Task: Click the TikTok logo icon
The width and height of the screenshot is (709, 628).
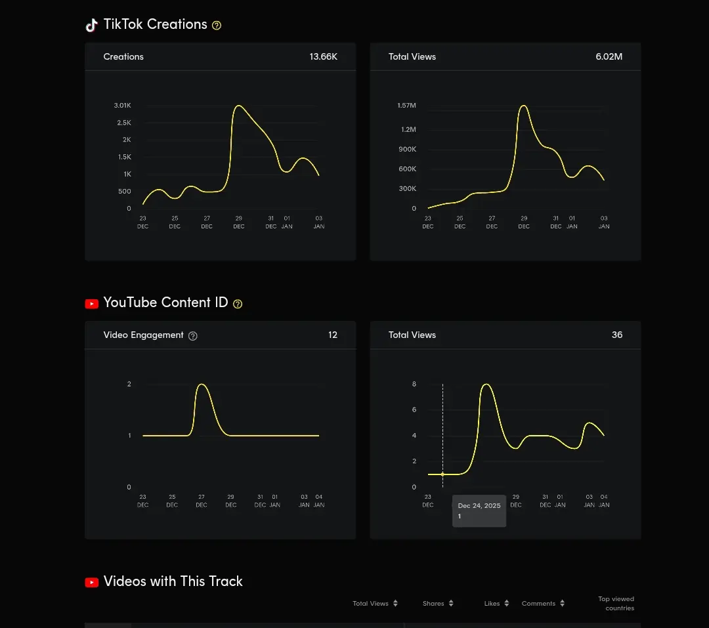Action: pyautogui.click(x=92, y=26)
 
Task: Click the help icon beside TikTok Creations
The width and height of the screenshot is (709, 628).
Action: pyautogui.click(x=217, y=26)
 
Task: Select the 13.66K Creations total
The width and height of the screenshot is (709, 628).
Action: pyautogui.click(x=323, y=56)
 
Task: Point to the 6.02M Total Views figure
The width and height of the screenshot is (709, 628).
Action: pyautogui.click(x=609, y=56)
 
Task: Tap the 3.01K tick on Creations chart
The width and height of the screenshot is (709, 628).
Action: pyautogui.click(x=122, y=106)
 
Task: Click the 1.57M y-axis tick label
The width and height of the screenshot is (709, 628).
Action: pyautogui.click(x=406, y=106)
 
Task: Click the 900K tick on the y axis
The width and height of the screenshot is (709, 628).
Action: pyautogui.click(x=407, y=149)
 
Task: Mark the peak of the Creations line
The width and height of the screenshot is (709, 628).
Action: pyautogui.click(x=238, y=106)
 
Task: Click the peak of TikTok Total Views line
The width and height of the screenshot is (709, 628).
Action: pyautogui.click(x=524, y=106)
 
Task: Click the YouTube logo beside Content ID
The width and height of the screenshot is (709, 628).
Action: pyautogui.click(x=92, y=304)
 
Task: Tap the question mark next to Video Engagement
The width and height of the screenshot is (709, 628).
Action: pyautogui.click(x=192, y=336)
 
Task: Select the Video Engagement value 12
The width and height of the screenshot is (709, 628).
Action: pyautogui.click(x=333, y=335)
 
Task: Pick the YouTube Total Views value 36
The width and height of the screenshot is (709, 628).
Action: pyautogui.click(x=616, y=335)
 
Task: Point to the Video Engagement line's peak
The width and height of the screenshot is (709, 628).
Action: pyautogui.click(x=202, y=385)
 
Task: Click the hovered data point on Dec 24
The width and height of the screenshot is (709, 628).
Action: pyautogui.click(x=442, y=474)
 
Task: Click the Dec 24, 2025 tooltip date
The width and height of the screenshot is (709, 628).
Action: pyautogui.click(x=479, y=505)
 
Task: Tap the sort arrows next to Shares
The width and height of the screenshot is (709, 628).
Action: pyautogui.click(x=451, y=603)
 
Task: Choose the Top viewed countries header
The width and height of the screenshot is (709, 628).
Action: pyautogui.click(x=616, y=604)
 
